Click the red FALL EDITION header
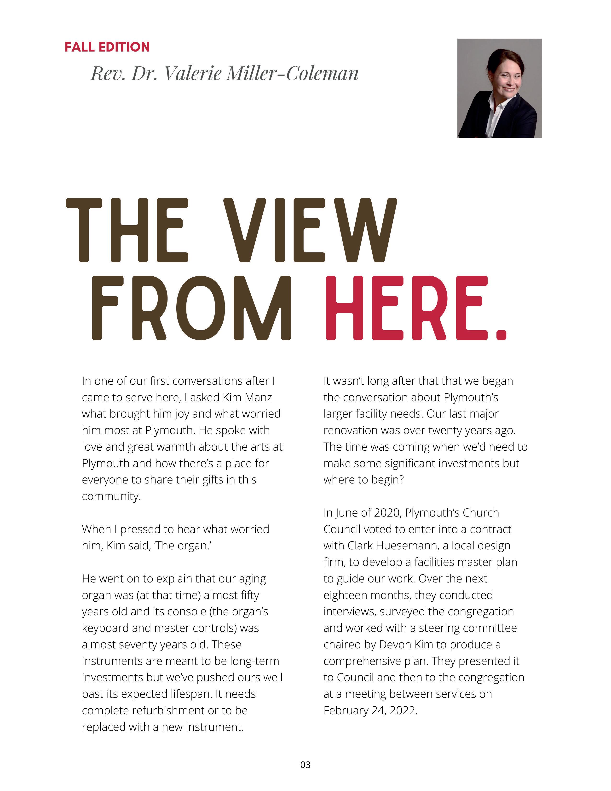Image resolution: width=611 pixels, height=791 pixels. coord(107,47)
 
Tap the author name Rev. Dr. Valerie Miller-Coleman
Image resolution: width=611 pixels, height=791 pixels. coord(225,74)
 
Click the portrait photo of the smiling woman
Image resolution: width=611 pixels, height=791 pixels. coord(500,88)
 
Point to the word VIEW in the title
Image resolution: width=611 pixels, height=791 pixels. coord(311,230)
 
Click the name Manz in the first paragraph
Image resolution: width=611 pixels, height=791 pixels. coord(258,397)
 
